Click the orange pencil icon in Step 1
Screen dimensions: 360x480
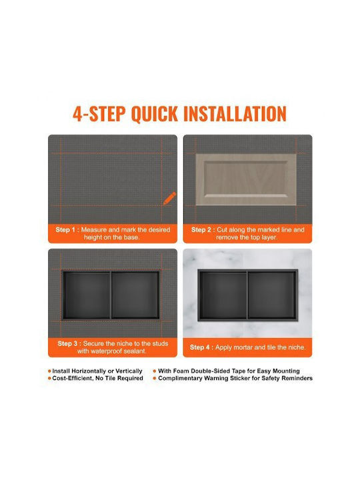coord(169,199)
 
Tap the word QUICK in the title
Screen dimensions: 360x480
coord(154,114)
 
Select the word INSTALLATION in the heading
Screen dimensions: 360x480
coord(235,114)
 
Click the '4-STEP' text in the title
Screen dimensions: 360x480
coord(99,114)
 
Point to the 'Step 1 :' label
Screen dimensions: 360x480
coord(67,229)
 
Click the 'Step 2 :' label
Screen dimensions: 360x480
coord(203,229)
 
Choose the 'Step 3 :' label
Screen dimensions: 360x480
coord(69,343)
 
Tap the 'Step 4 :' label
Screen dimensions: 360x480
coord(201,347)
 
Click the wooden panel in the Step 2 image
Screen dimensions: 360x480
coord(246,179)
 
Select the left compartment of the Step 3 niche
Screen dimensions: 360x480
coord(87,295)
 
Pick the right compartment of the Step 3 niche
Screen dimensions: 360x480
coord(135,295)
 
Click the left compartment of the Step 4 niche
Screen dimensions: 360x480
coord(223,295)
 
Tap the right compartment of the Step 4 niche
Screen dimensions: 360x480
coord(272,295)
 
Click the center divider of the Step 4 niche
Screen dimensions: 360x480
coord(247,295)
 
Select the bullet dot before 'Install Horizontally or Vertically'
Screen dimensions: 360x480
coord(49,371)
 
